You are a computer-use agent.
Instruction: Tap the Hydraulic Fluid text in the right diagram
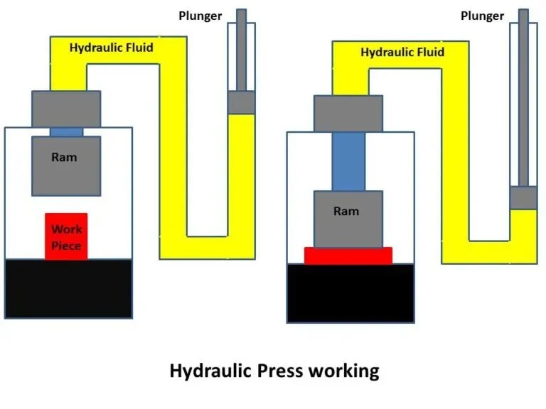point(402,53)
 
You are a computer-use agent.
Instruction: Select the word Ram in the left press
point(64,158)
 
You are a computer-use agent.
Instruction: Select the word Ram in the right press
point(346,212)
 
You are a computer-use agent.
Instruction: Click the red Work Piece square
point(66,236)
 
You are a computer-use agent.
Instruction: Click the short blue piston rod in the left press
point(66,131)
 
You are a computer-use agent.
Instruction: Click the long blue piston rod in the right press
point(348,161)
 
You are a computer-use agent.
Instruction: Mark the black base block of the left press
point(68,288)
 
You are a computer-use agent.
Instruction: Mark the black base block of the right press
point(350,293)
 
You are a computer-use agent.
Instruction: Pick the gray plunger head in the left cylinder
point(241,102)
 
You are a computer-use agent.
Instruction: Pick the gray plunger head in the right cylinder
point(524,198)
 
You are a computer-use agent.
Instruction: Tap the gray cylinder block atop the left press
point(66,109)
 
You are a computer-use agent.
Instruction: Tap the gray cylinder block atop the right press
point(348,114)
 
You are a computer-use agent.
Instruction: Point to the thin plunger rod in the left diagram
point(241,50)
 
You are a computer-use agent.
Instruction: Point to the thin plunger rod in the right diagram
point(524,99)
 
